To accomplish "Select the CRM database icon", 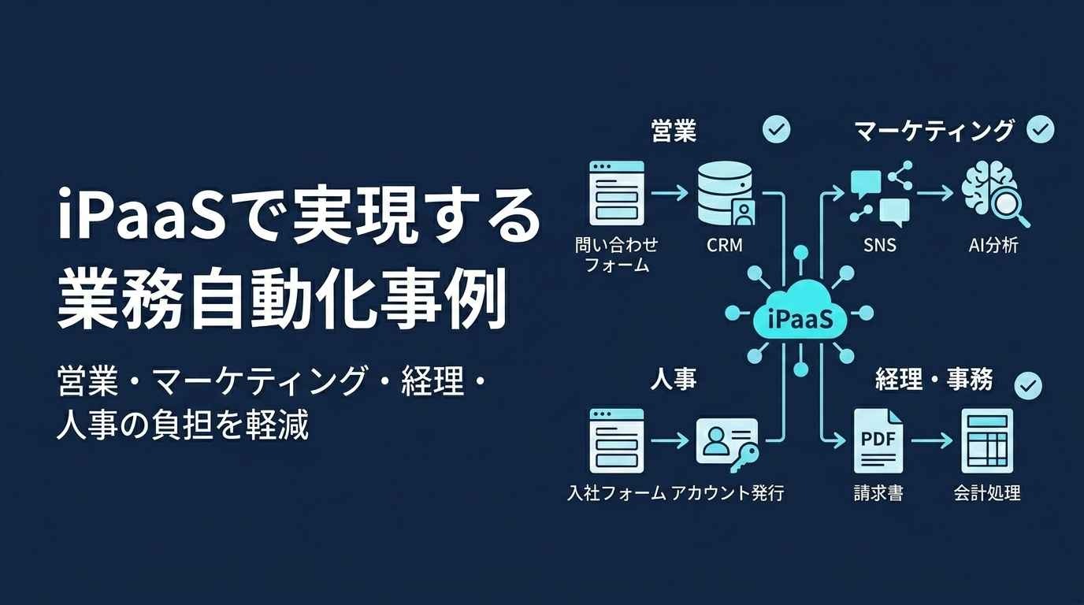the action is (x=725, y=194).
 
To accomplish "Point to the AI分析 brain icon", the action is (x=994, y=195).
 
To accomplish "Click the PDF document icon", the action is (x=878, y=441).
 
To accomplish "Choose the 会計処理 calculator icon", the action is (x=987, y=441).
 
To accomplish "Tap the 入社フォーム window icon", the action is (x=617, y=441).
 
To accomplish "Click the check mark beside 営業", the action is (x=776, y=129).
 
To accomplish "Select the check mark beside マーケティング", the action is (x=1041, y=129).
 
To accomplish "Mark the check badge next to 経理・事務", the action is (x=1028, y=386).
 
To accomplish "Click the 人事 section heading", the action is (x=674, y=379).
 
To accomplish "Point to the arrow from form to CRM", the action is (x=670, y=193).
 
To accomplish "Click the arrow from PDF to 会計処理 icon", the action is (x=931, y=441).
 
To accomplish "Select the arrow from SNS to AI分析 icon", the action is (x=934, y=193).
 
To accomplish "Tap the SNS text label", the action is (x=880, y=245).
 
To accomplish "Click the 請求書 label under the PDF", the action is (x=878, y=493).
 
